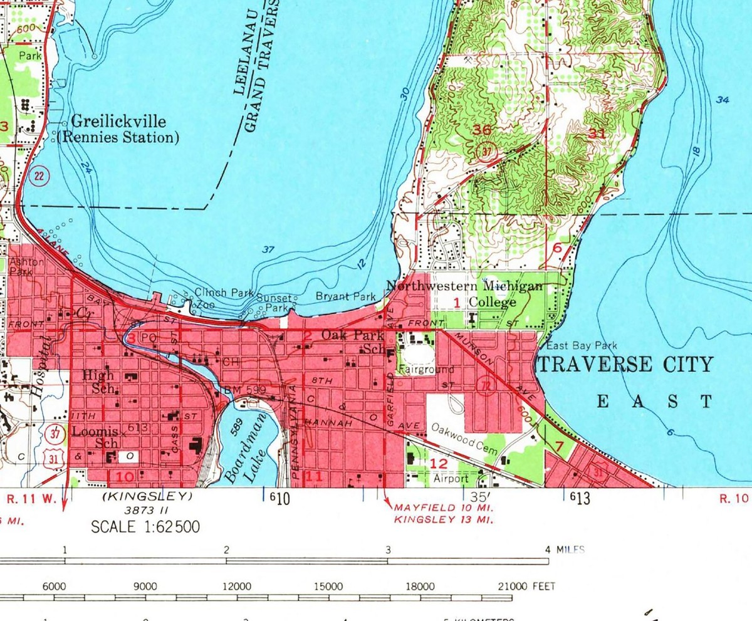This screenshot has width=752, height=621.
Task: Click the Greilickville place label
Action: [118, 122]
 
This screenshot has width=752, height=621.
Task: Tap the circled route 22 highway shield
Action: [38, 176]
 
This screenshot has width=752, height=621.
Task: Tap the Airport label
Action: [451, 478]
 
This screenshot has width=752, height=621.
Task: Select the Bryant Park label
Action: [345, 296]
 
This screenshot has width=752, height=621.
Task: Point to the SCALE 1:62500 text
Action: [145, 527]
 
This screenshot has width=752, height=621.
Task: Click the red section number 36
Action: [483, 130]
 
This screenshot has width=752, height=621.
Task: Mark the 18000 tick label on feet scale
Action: [419, 587]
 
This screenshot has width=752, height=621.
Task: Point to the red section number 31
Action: [597, 133]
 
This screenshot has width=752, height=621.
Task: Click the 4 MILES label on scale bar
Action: [565, 550]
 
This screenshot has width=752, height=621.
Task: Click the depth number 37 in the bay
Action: [268, 249]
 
